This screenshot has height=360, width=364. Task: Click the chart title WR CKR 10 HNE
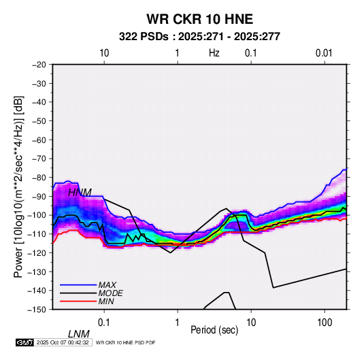coord(199,19)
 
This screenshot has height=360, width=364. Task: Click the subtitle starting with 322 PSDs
coord(199,37)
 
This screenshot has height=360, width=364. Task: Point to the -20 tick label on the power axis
coord(39,65)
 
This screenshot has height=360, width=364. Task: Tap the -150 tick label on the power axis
coord(37,310)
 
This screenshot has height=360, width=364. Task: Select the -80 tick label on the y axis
coord(39,178)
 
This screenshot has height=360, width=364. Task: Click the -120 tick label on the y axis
coord(37,252)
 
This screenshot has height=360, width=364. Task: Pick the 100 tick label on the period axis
coord(325,323)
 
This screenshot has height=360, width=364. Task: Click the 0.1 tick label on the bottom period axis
coord(103,323)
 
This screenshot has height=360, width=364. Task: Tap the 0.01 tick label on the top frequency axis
coord(324,53)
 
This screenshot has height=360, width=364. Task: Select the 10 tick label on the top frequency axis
coord(104,53)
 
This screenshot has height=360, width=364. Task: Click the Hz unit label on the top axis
coord(214,53)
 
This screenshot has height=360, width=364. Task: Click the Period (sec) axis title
coord(214,330)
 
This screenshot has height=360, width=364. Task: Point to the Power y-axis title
coord(18,187)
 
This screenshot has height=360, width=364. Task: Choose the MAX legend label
coord(107,284)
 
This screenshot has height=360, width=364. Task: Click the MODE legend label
coord(110,293)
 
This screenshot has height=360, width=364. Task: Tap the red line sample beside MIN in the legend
coord(78,301)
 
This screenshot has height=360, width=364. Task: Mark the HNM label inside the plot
coord(80,193)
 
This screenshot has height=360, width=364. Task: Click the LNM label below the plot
coord(79,334)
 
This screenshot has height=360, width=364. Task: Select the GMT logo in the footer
coord(24,342)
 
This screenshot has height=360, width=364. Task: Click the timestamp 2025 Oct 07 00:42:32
coord(63,342)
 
